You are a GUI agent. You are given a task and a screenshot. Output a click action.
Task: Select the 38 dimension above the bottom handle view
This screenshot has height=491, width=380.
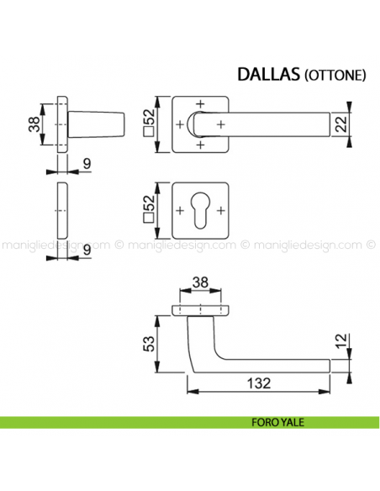(200, 283)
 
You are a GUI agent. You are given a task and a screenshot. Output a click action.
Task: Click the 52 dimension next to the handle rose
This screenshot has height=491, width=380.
(149, 126)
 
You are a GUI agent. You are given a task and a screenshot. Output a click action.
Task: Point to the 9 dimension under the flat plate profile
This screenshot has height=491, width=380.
(87, 249)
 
